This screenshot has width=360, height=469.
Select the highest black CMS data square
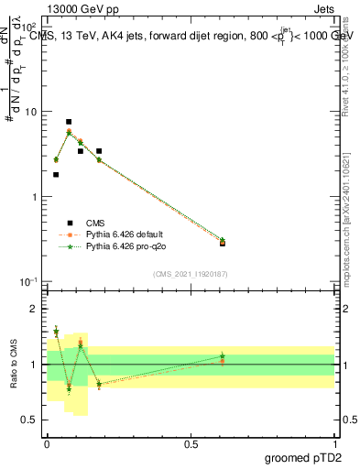[69, 122]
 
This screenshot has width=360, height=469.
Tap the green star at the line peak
[69, 133]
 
